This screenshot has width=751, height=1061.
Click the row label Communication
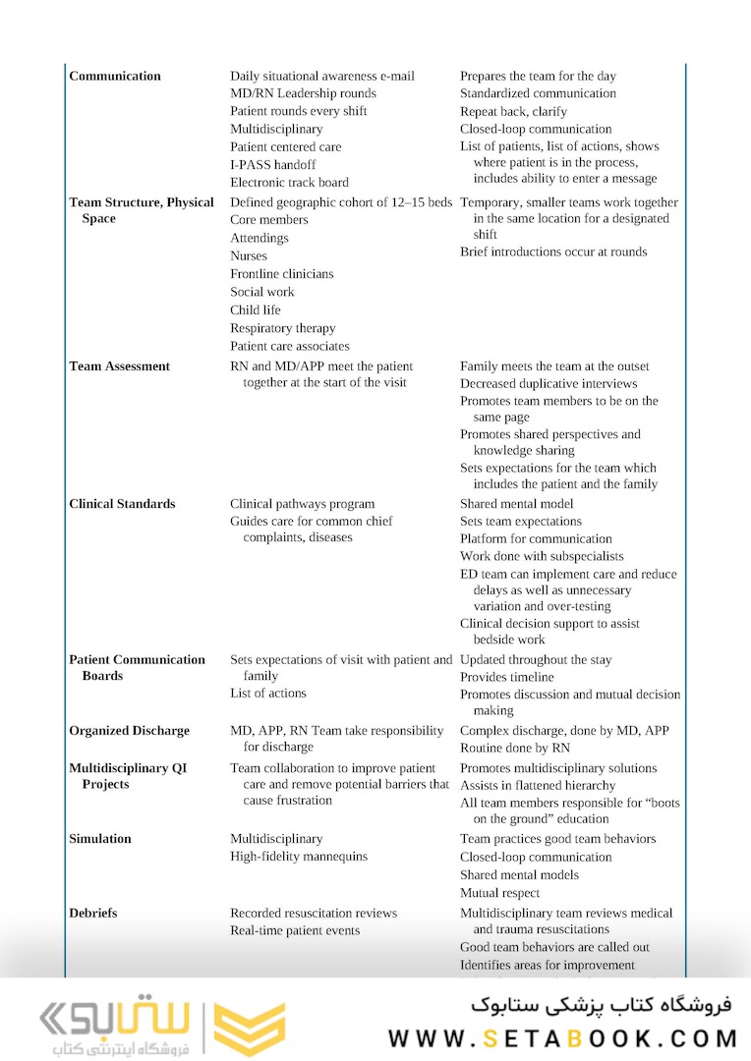pyautogui.click(x=115, y=76)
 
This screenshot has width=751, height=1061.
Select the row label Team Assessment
pyautogui.click(x=119, y=365)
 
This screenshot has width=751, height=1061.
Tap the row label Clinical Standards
pyautogui.click(x=122, y=503)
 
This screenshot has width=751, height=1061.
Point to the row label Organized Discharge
pyautogui.click(x=129, y=730)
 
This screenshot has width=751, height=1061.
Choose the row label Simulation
pyautogui.click(x=99, y=838)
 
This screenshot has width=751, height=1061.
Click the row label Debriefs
pyautogui.click(x=92, y=913)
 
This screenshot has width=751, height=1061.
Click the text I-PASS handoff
pyautogui.click(x=273, y=164)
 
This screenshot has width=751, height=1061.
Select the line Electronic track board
pyautogui.click(x=289, y=182)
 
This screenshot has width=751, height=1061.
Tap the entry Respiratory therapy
pyautogui.click(x=283, y=328)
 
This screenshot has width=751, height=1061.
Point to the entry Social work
pyautogui.click(x=262, y=292)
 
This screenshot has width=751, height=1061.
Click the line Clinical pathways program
pyautogui.click(x=303, y=503)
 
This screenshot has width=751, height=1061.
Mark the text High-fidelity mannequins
pyautogui.click(x=299, y=856)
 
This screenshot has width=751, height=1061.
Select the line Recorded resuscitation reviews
pyautogui.click(x=314, y=913)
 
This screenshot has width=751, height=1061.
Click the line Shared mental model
pyautogui.click(x=517, y=503)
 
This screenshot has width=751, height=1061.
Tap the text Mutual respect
pyautogui.click(x=500, y=892)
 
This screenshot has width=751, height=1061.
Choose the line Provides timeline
pyautogui.click(x=507, y=677)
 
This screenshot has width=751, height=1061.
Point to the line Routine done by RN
pyautogui.click(x=515, y=748)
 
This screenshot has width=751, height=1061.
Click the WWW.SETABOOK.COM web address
pyautogui.click(x=562, y=1037)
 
